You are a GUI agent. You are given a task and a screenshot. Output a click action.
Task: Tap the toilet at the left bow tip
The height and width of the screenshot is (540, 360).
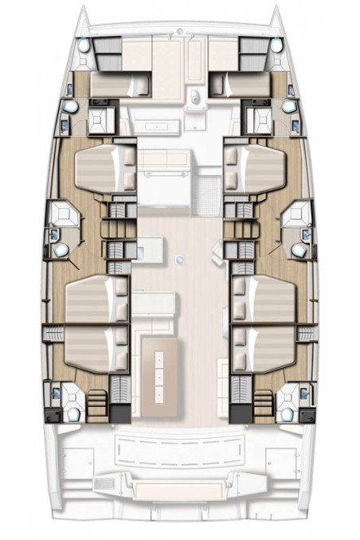click(x=84, y=45)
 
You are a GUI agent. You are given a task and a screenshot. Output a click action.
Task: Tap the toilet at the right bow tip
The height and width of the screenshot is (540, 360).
click(x=276, y=45)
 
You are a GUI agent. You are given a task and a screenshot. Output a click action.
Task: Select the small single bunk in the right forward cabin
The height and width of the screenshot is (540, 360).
click(x=241, y=83)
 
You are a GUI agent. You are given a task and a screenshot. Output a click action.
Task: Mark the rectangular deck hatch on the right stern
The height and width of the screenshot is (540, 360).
click(x=280, y=460)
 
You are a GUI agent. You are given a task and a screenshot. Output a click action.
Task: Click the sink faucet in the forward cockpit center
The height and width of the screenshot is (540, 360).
click(x=195, y=99)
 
